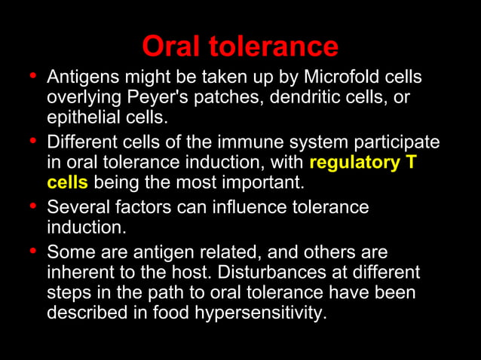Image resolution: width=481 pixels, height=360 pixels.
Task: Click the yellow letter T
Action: point(411,163)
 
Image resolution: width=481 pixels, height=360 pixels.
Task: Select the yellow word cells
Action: point(67,183)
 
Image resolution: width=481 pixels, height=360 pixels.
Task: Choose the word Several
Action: point(75,207)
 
